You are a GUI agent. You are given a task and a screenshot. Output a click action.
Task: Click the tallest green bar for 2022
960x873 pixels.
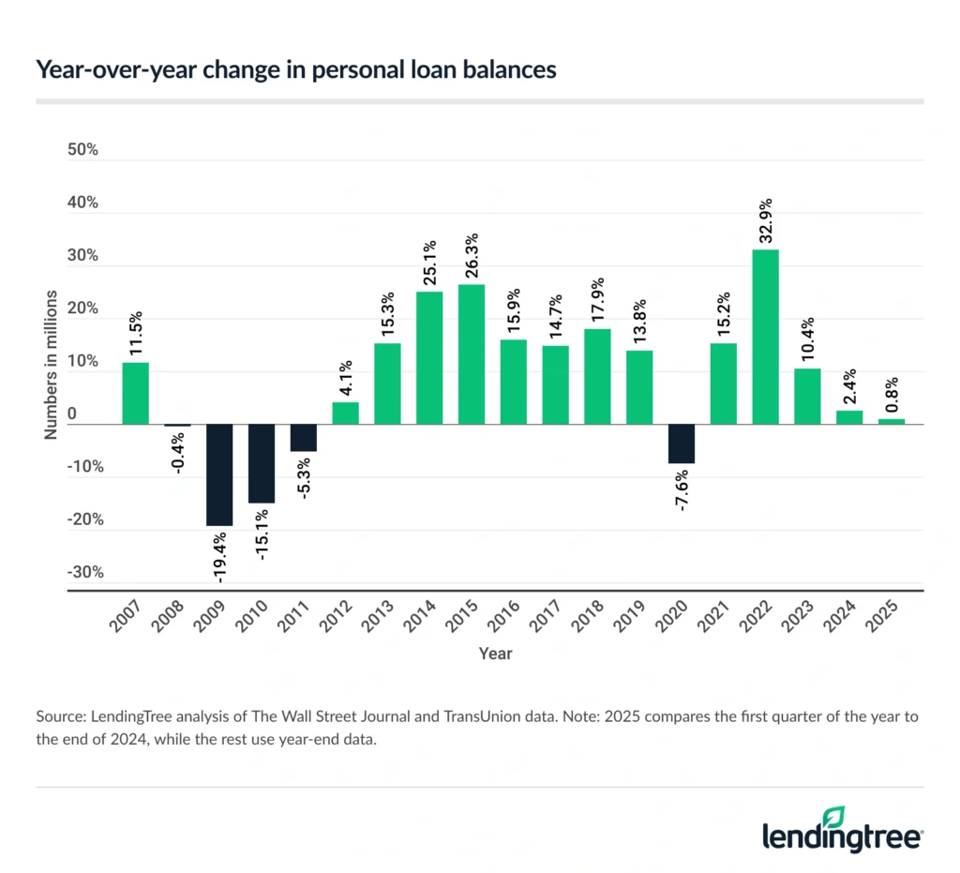(765, 336)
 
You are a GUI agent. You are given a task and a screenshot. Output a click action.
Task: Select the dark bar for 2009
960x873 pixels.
(220, 474)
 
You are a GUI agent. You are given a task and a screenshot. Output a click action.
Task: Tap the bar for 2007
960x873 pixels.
(136, 393)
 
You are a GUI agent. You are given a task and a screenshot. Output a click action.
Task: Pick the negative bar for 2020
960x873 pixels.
(681, 444)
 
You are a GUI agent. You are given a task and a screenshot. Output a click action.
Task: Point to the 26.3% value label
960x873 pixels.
(472, 254)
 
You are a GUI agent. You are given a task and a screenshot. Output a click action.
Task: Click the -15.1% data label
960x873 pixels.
(262, 534)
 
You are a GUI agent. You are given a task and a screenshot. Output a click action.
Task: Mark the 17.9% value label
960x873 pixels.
(598, 298)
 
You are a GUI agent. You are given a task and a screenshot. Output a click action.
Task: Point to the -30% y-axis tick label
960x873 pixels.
(82, 572)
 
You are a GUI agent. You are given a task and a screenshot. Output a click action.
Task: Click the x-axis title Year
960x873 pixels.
(495, 653)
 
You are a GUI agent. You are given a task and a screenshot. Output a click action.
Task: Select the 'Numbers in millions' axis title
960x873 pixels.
(51, 366)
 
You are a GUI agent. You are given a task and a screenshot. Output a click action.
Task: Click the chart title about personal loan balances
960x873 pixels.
(295, 71)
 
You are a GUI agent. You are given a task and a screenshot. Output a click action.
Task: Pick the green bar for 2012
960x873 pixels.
(346, 413)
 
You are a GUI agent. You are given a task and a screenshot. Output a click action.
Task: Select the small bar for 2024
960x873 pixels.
(849, 417)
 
